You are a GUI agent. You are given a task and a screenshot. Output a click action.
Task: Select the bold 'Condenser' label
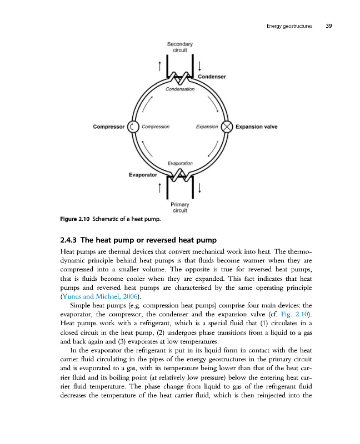pos(212,77)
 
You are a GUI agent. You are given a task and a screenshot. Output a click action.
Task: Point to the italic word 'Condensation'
pos(179,89)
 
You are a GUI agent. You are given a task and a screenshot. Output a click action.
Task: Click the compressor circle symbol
pos(133,127)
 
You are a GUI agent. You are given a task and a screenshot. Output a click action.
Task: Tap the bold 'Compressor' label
pos(109,127)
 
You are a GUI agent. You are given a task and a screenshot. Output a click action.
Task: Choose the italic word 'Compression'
pos(156,127)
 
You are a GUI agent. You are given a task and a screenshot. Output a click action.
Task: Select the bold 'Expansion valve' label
pos(257,127)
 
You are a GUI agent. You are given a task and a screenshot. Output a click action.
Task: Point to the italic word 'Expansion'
pos(207,127)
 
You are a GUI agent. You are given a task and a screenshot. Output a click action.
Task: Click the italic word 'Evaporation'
pos(180,163)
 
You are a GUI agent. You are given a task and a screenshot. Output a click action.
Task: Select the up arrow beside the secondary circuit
pos(160,66)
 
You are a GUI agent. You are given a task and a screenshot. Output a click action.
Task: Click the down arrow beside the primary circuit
pos(199,189)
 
